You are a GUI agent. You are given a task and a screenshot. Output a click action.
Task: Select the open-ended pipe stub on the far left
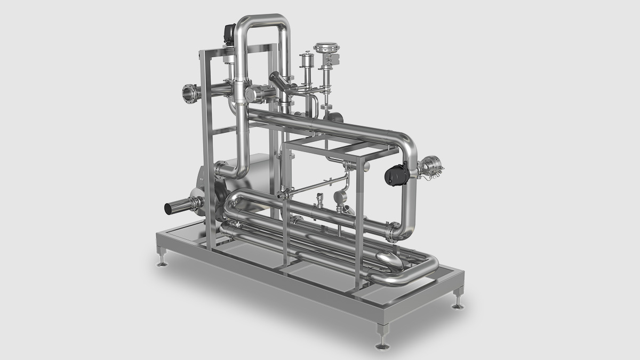coord(176,207)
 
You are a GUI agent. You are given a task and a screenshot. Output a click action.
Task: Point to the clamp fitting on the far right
coord(431,166)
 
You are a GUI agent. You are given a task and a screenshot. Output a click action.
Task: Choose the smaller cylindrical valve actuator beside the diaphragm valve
coord(307,60)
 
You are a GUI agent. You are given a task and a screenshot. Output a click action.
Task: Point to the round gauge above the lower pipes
coord(339,198)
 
